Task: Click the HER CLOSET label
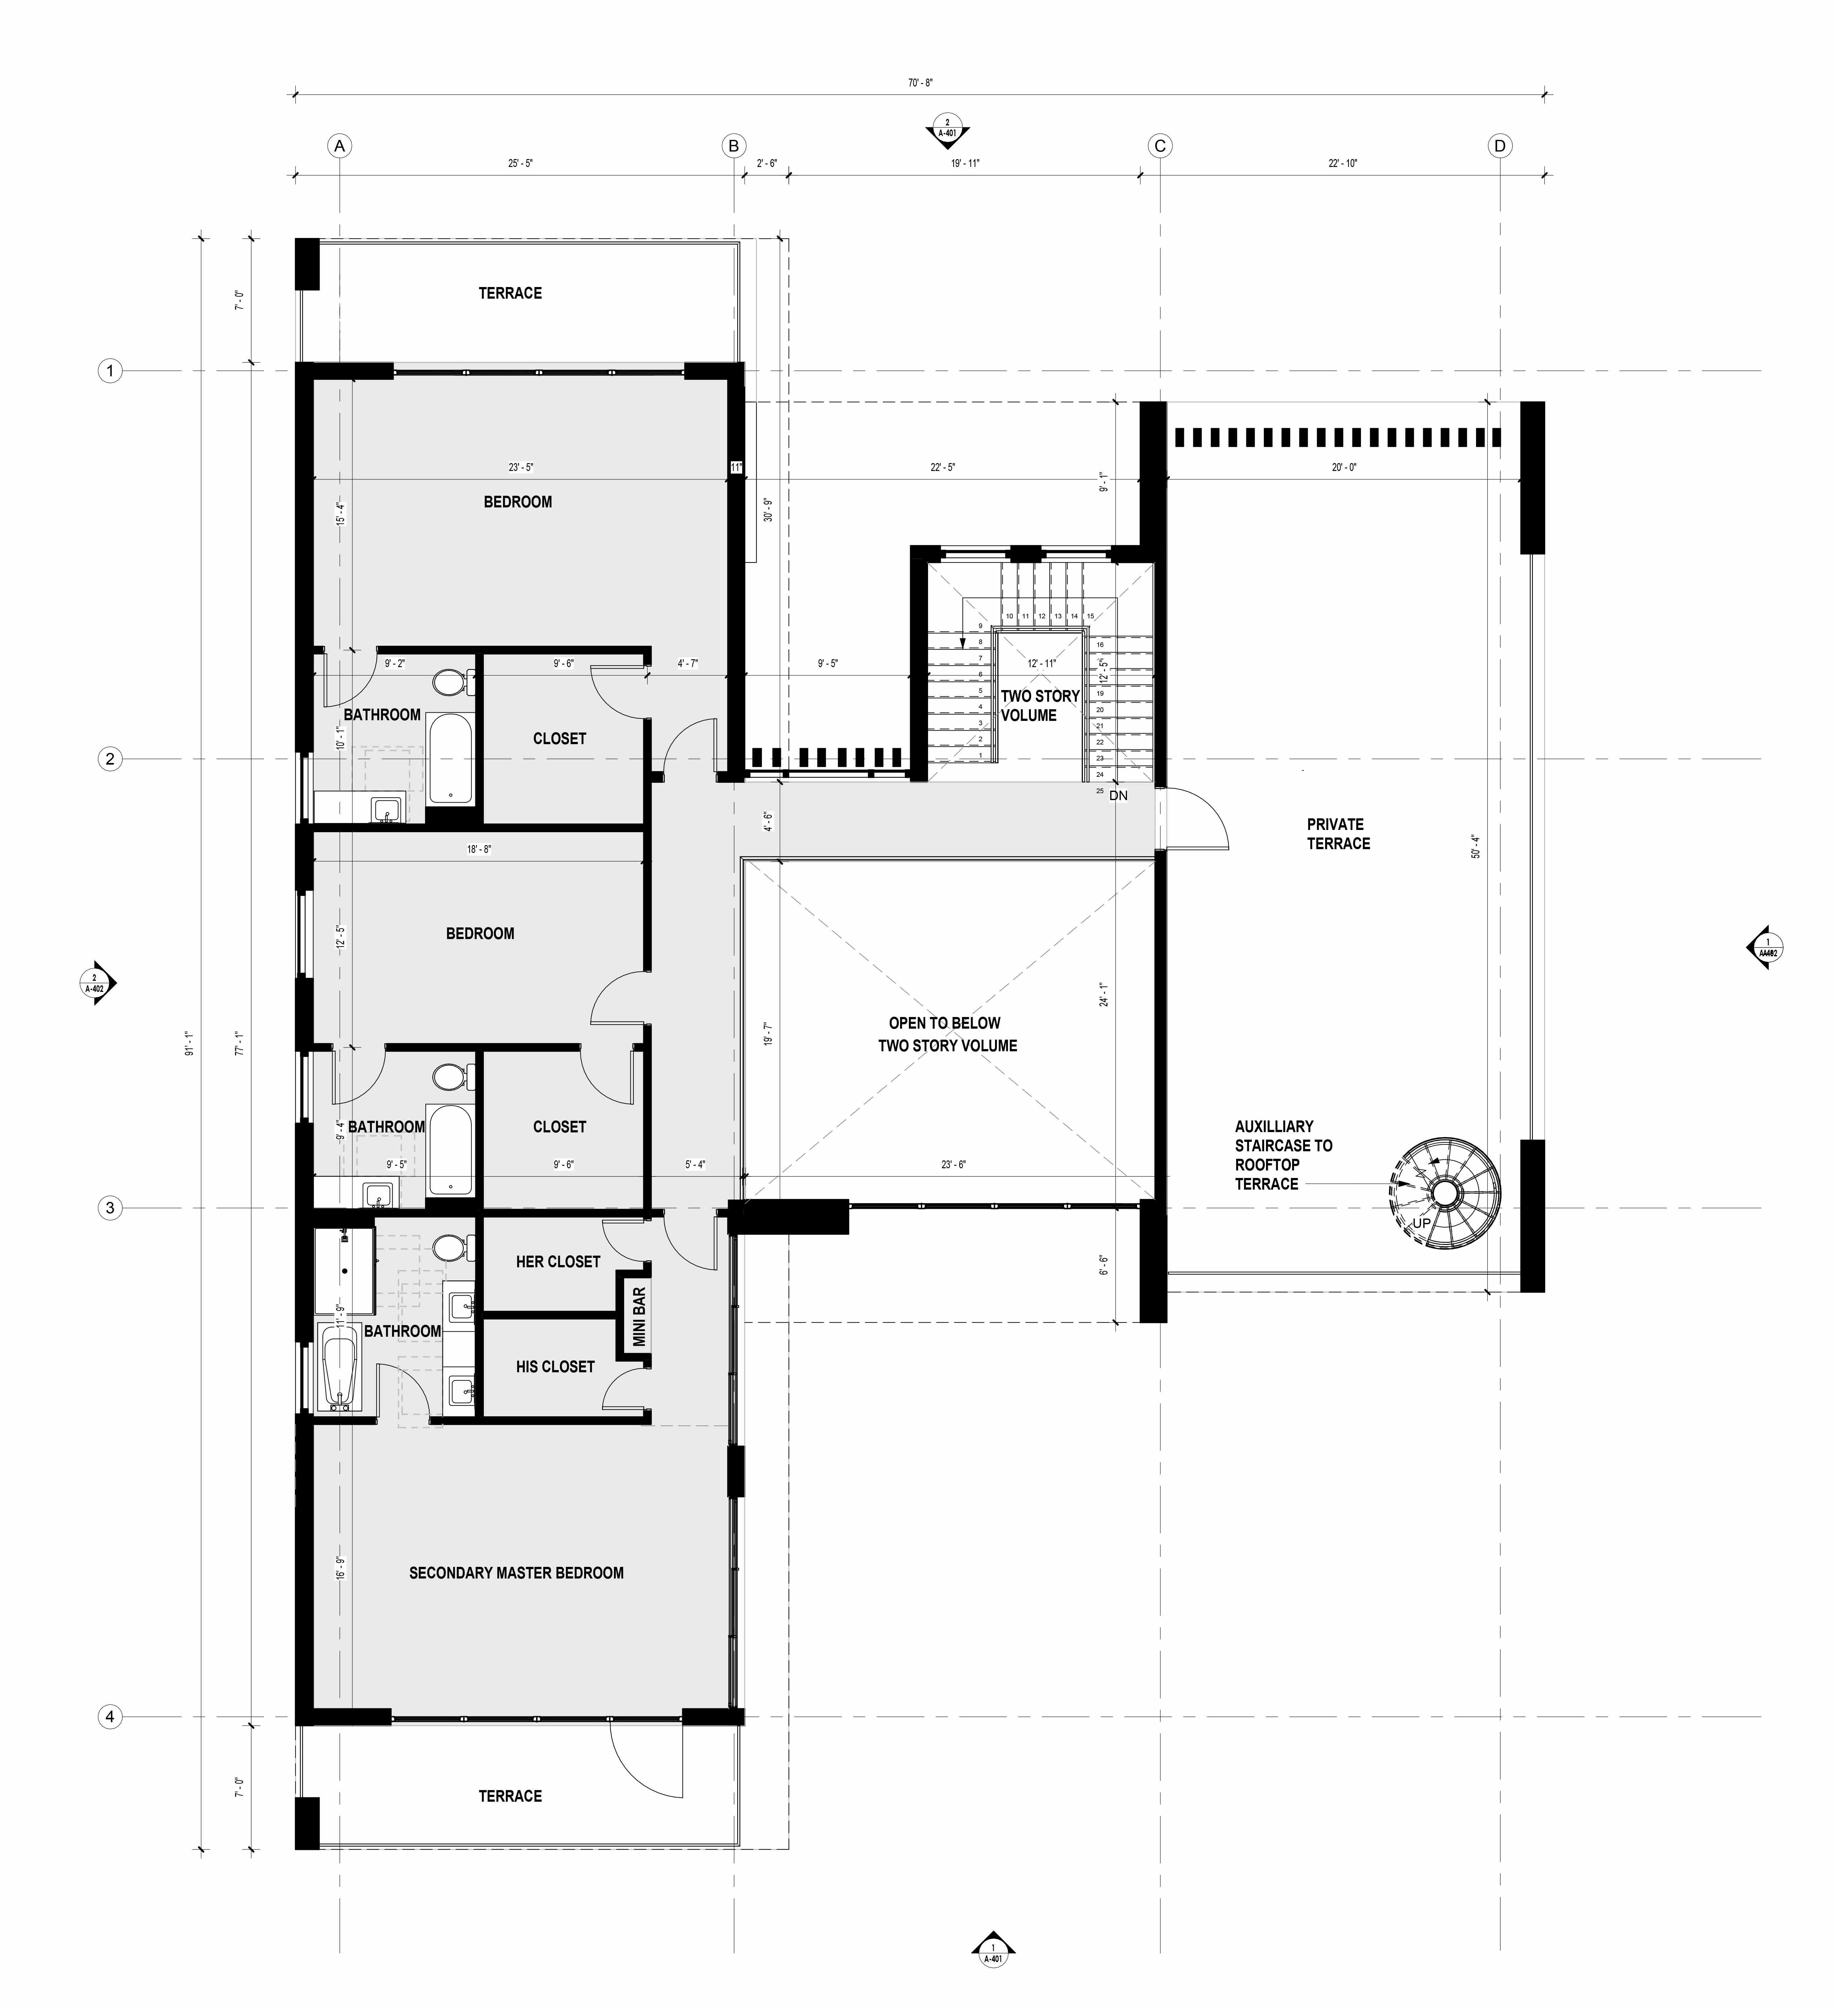(x=558, y=1261)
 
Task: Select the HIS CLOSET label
(x=555, y=1367)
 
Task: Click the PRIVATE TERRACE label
(x=1337, y=833)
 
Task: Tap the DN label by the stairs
(x=1118, y=795)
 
